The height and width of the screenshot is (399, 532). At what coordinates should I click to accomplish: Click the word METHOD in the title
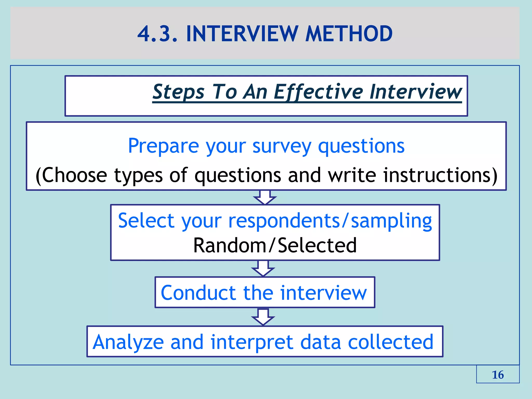349,34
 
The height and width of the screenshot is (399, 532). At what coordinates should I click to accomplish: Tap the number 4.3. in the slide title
157,34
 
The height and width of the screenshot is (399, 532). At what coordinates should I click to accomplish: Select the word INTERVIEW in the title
242,34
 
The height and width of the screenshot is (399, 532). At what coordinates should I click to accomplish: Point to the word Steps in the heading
179,92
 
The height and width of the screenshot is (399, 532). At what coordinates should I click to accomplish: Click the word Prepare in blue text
163,146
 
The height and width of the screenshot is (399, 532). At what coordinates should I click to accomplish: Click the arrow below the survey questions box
265,198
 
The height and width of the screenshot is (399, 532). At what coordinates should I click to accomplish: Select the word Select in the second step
146,221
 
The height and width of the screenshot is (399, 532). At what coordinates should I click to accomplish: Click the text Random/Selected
275,245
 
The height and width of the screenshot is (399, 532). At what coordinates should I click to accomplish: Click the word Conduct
198,293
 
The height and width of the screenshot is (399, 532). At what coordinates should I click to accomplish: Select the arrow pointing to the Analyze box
263,317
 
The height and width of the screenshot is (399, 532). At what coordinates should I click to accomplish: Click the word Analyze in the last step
128,343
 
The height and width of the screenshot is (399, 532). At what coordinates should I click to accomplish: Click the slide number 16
498,375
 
